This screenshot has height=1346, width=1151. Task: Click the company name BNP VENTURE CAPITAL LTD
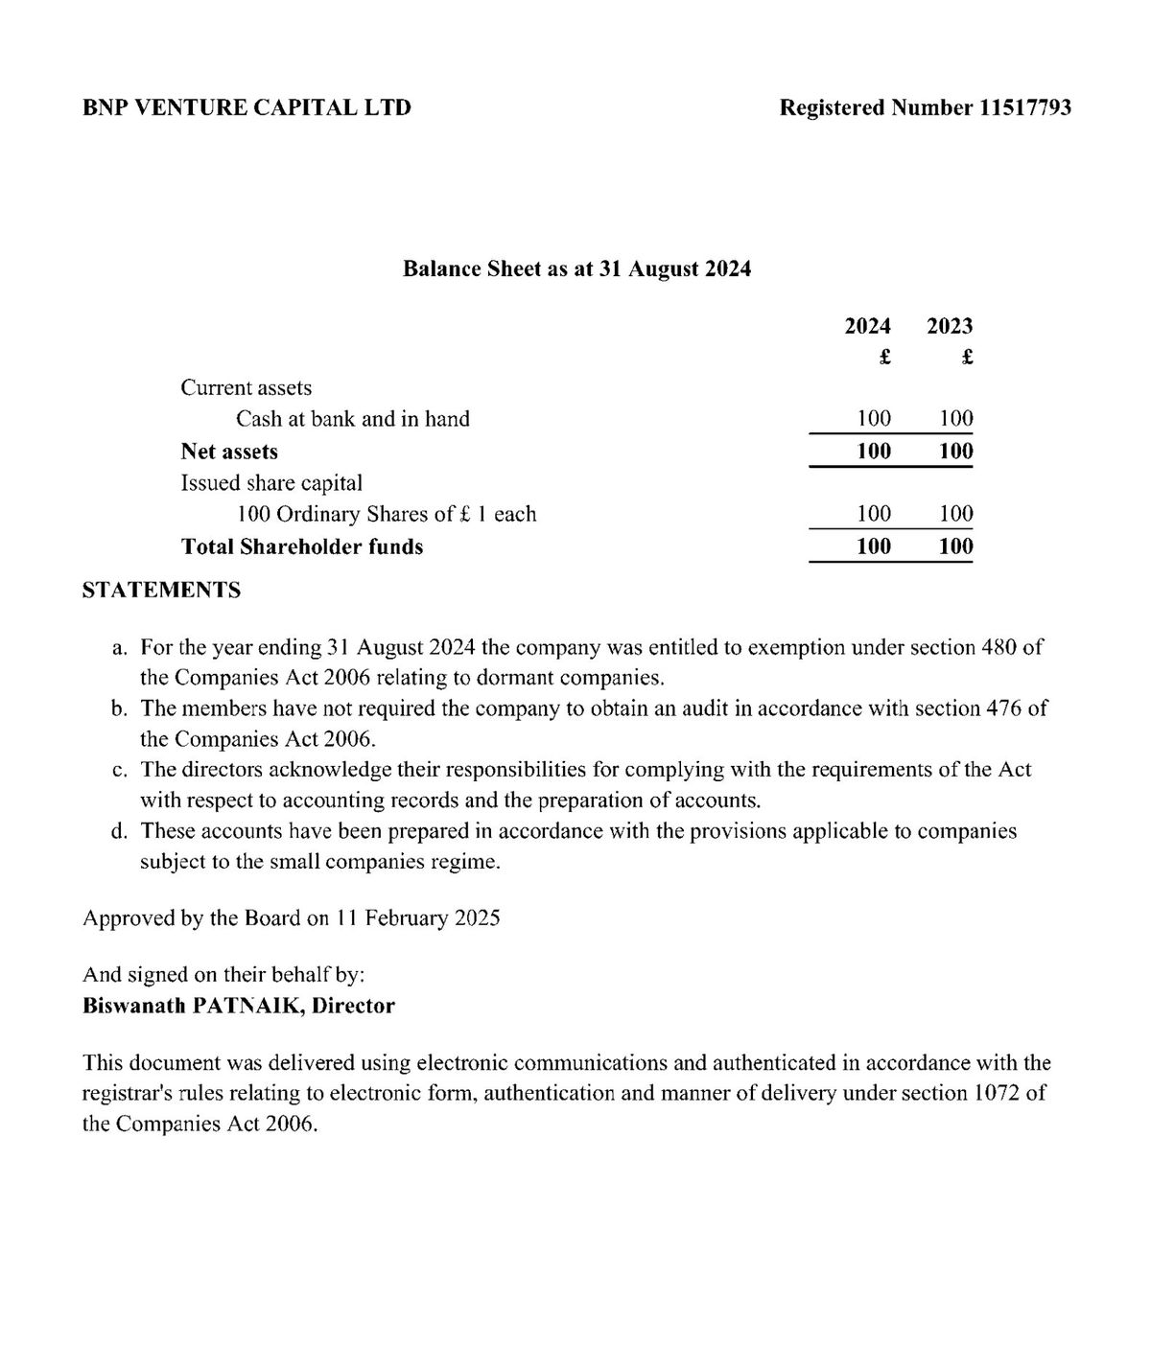247,107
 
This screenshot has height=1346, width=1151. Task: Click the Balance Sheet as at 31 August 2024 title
576,268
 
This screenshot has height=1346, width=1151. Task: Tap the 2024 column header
867,326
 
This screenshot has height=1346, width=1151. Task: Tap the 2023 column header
950,326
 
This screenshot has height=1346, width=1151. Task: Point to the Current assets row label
247,388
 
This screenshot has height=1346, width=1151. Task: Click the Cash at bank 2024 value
874,419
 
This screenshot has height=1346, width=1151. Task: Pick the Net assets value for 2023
956,451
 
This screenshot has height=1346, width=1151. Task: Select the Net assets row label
229,452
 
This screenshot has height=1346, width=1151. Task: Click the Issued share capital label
271,483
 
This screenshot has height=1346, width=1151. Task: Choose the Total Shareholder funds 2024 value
874,546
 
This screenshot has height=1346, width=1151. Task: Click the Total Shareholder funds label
302,546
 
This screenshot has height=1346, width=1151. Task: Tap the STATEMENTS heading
161,590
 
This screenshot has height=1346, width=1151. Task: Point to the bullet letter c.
120,770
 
